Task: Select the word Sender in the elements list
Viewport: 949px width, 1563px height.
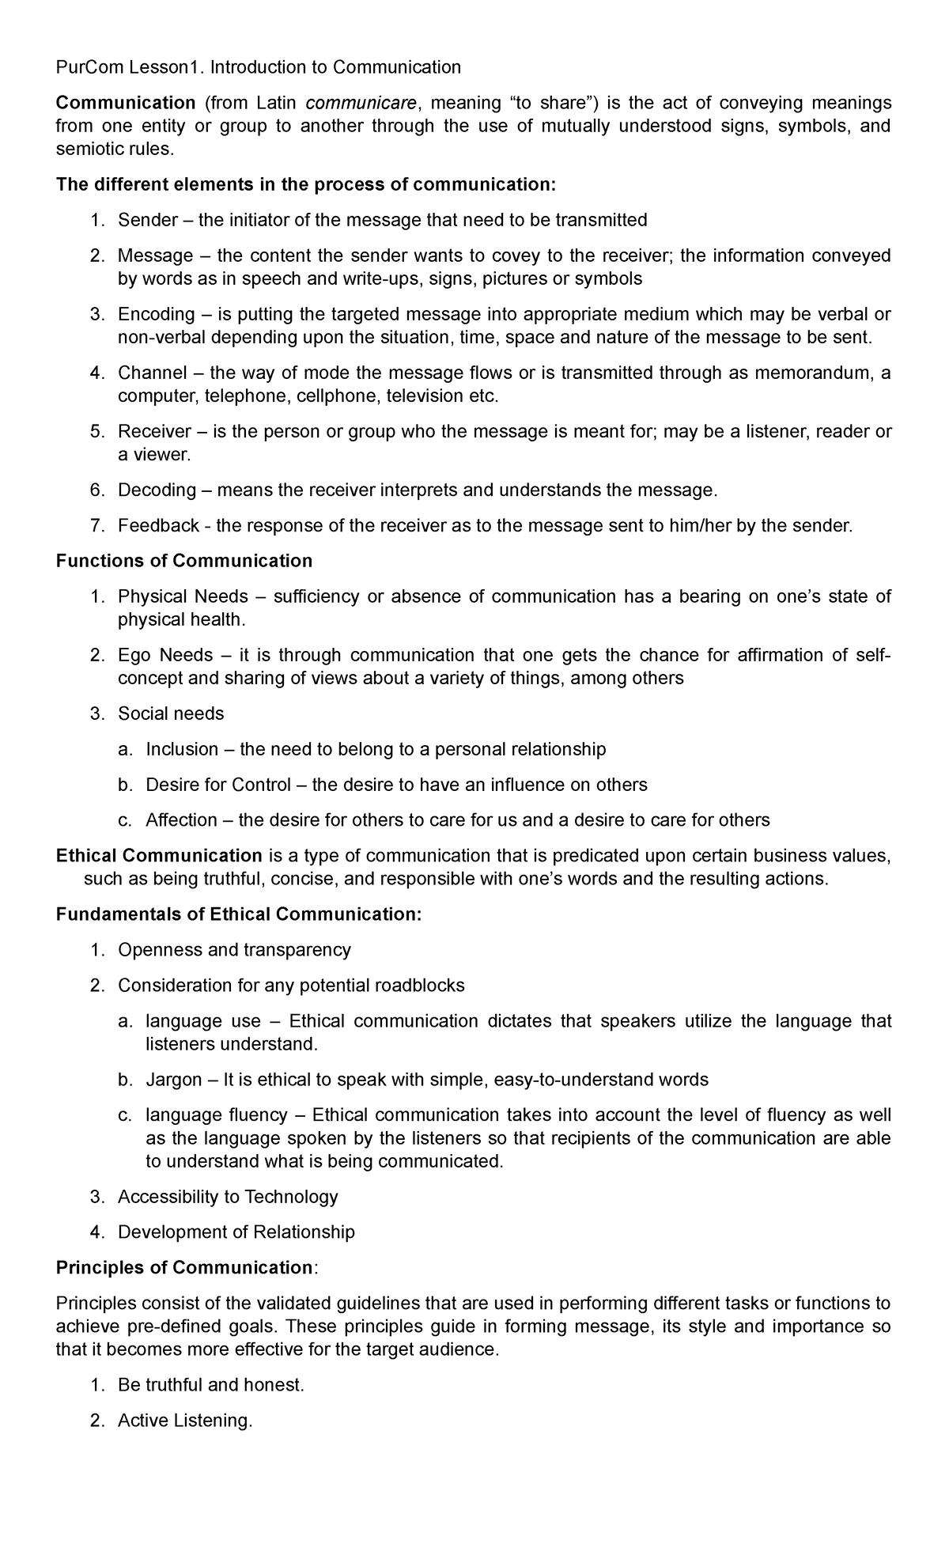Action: pyautogui.click(x=147, y=220)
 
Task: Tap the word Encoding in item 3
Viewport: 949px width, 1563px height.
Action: pyautogui.click(x=156, y=314)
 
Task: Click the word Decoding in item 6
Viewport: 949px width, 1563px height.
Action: pyautogui.click(x=156, y=490)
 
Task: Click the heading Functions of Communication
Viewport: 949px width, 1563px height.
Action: pyautogui.click(x=183, y=561)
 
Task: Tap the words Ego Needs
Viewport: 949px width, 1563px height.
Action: pyautogui.click(x=165, y=655)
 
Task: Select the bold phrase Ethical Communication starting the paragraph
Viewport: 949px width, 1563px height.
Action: pyautogui.click(x=159, y=856)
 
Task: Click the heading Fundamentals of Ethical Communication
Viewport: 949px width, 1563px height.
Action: pyautogui.click(x=238, y=914)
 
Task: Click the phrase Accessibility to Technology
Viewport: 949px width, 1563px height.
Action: pyautogui.click(x=228, y=1197)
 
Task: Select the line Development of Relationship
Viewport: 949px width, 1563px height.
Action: pyautogui.click(x=236, y=1232)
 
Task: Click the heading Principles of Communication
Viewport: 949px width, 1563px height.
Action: pyautogui.click(x=183, y=1267)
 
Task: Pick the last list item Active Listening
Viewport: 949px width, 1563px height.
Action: pyautogui.click(x=184, y=1421)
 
